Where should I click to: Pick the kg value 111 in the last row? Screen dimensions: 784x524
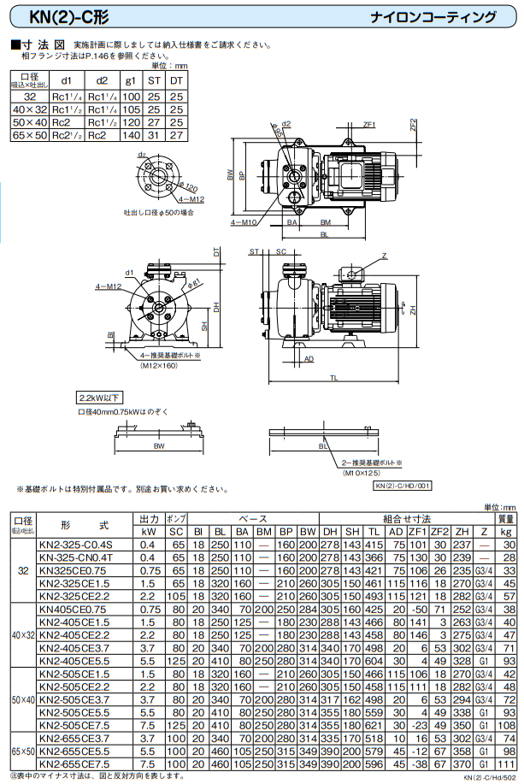point(507,763)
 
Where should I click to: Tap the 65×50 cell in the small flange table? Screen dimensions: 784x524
point(30,134)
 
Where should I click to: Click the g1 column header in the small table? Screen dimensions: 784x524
point(131,80)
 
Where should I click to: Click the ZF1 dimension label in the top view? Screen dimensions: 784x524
point(369,125)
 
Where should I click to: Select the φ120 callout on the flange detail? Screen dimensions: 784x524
point(189,187)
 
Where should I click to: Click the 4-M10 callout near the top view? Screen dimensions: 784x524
point(244,221)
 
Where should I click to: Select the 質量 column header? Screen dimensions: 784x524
point(507,519)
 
